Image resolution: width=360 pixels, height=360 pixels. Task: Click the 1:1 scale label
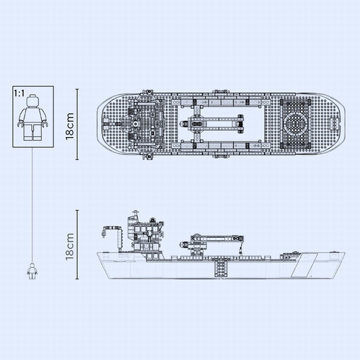19,94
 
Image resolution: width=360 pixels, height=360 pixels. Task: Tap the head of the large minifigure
32,101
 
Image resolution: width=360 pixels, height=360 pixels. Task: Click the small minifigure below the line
31,271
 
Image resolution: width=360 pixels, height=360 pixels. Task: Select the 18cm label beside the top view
70,126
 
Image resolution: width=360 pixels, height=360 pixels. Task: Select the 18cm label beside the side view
70,246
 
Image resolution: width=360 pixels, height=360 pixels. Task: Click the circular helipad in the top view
295,124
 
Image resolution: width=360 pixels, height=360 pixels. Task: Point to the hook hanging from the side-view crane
241,250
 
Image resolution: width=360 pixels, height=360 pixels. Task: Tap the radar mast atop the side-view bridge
135,213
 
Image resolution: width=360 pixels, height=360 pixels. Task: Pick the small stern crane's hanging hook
103,234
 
